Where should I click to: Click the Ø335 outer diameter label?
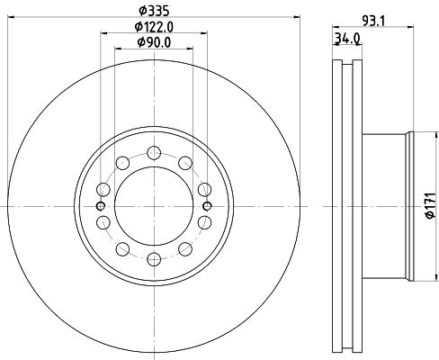[x=154, y=11]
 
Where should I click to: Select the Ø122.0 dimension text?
[x=154, y=27]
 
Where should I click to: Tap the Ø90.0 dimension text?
[x=154, y=42]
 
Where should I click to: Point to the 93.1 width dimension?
[x=374, y=21]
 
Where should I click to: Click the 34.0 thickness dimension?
[x=347, y=39]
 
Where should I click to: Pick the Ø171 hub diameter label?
[x=431, y=205]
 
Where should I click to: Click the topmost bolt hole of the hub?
[x=154, y=153]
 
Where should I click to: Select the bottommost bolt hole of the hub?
[x=154, y=259]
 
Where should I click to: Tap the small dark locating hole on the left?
[x=101, y=206]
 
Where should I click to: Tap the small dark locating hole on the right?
[x=207, y=206]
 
